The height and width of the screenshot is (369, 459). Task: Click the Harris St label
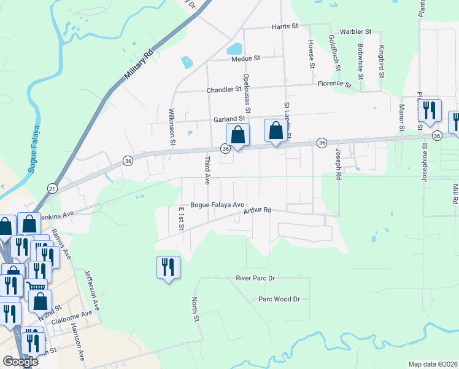[285, 26]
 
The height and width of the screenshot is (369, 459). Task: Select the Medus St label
[246, 58]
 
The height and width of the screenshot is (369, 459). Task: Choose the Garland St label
[229, 119]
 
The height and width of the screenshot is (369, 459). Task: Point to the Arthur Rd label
[257, 211]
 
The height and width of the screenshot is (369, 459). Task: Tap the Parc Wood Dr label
[279, 299]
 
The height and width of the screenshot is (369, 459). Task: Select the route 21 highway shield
[52, 189]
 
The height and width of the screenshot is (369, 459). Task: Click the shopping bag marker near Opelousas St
[237, 135]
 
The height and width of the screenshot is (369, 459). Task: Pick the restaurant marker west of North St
[168, 268]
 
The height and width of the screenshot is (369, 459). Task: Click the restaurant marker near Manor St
[430, 111]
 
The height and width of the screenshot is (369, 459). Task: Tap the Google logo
[21, 362]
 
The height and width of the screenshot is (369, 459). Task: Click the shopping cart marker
[36, 287]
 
